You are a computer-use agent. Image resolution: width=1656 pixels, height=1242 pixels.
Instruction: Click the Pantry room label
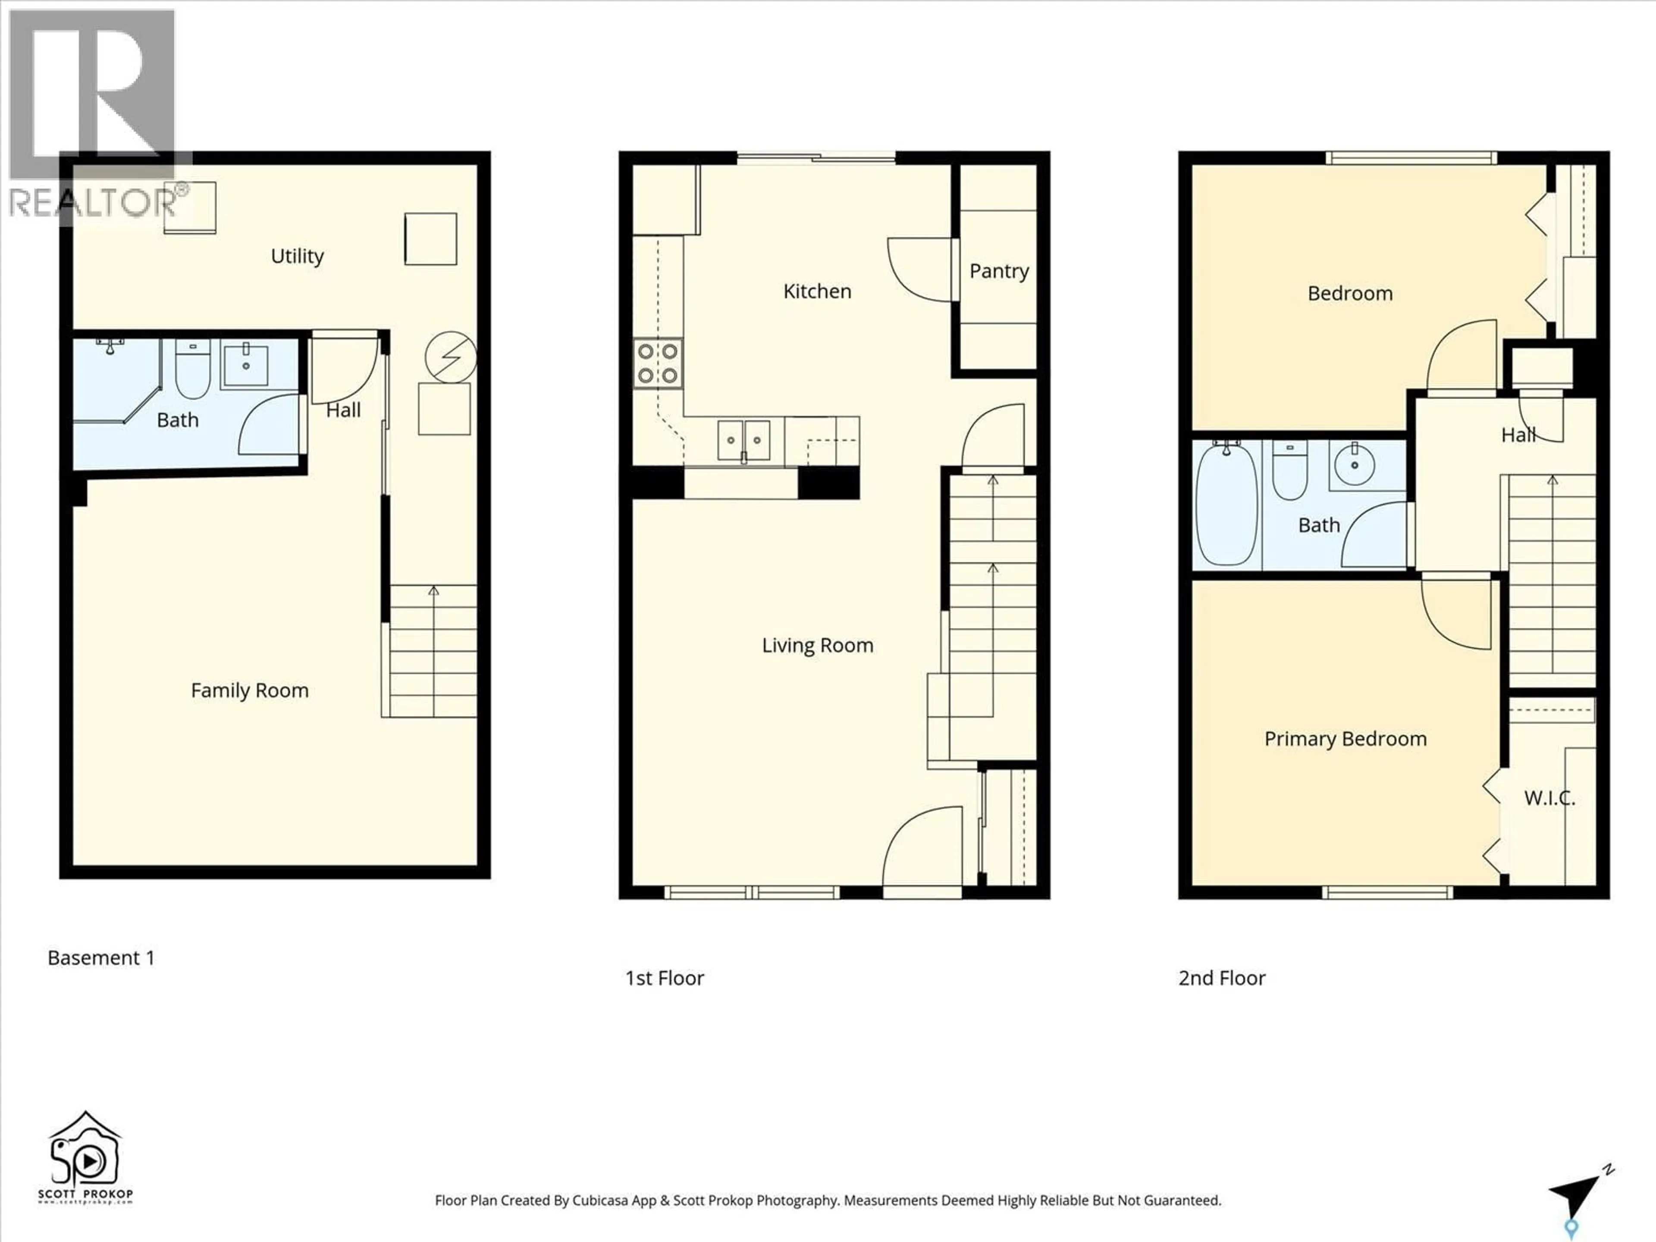[x=999, y=271]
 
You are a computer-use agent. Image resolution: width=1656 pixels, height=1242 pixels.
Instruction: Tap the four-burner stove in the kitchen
[x=658, y=363]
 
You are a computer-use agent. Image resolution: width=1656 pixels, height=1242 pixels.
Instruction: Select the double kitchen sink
[x=743, y=440]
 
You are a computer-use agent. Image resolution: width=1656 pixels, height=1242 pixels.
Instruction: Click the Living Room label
[x=818, y=645]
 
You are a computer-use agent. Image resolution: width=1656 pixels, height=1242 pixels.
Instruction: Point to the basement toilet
[x=192, y=370]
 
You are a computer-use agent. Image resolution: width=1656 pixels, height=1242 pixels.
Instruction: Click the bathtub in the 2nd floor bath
[x=1226, y=503]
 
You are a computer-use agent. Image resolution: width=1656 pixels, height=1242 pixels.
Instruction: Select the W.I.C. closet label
[x=1549, y=798]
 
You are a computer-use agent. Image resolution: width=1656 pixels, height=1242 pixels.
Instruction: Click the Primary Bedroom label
[x=1345, y=739]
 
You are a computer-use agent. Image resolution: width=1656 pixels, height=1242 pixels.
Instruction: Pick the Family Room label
[x=249, y=690]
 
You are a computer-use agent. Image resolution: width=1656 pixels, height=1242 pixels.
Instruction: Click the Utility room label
[x=297, y=256]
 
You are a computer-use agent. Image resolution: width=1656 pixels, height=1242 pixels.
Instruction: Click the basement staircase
[x=433, y=651]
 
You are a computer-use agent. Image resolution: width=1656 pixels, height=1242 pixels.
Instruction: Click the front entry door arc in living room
[x=922, y=846]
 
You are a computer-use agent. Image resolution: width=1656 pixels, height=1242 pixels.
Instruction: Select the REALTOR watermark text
[x=94, y=202]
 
